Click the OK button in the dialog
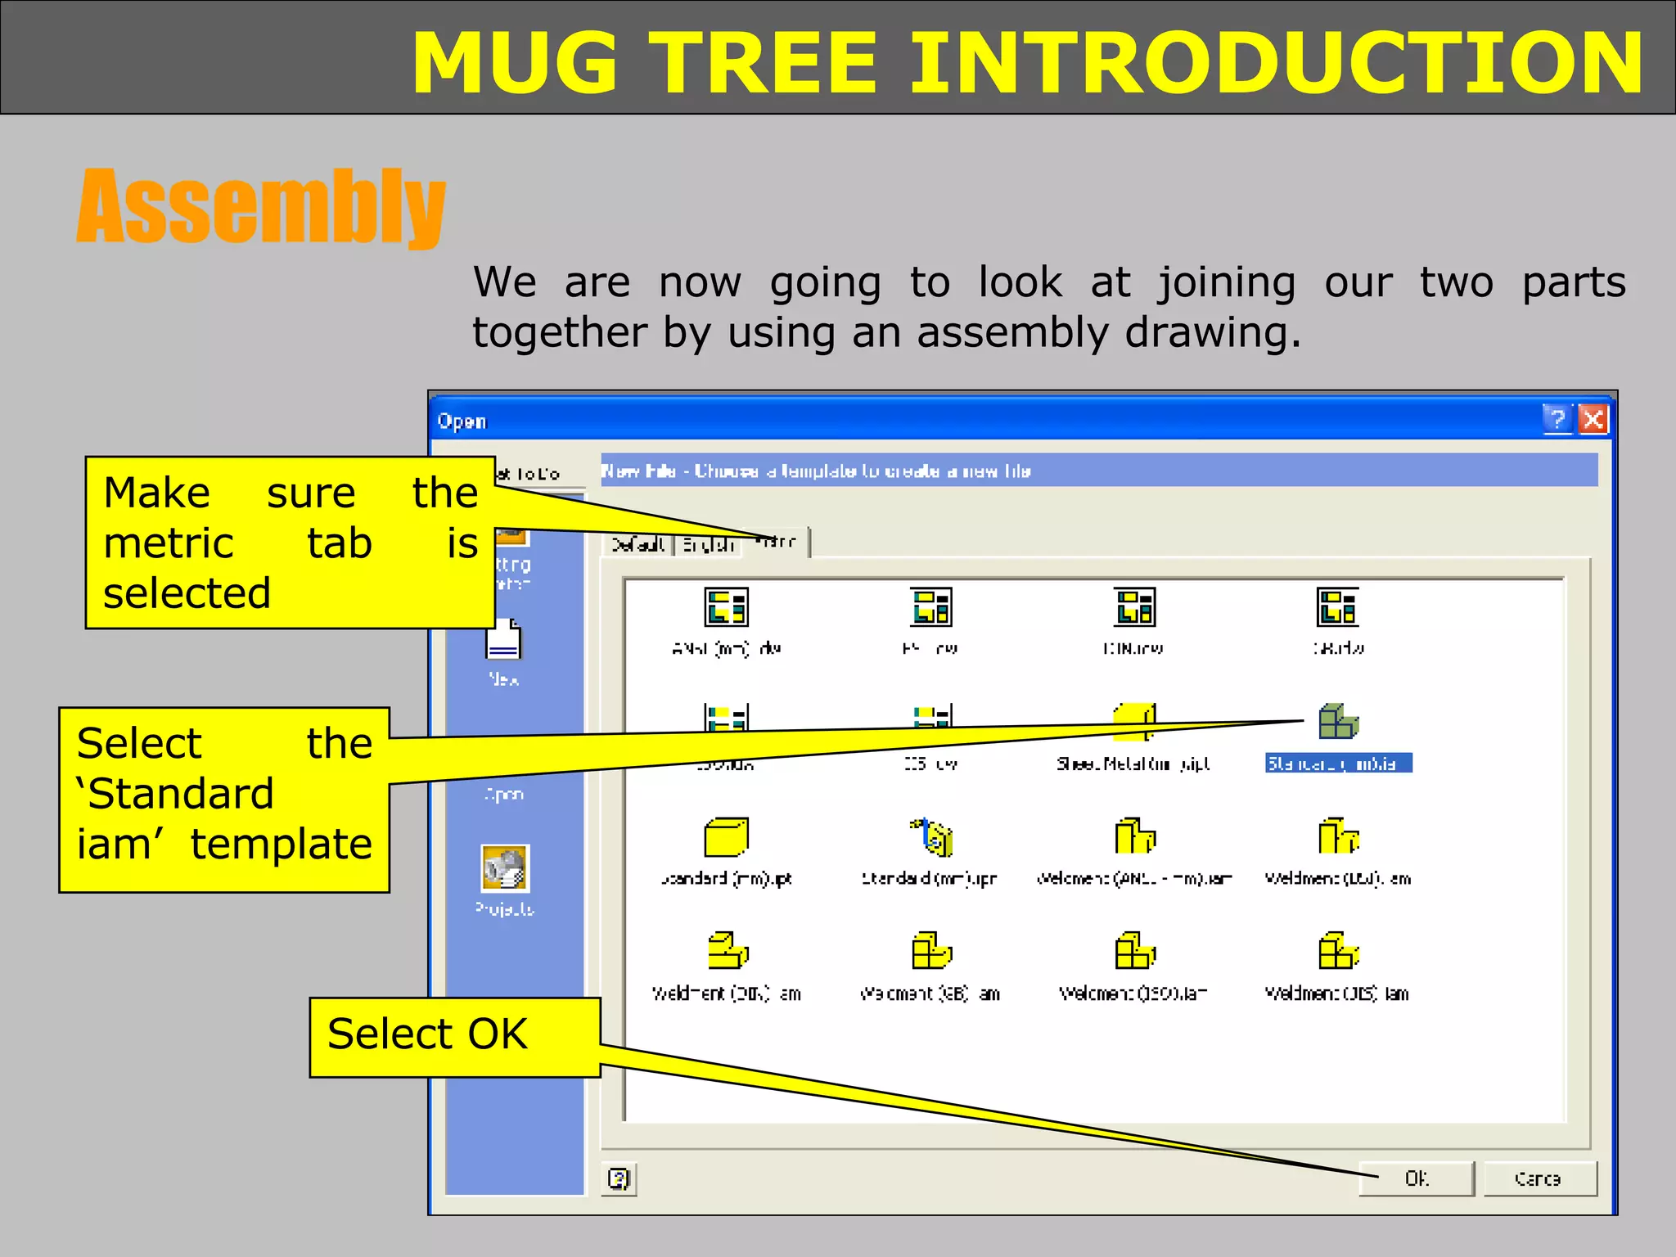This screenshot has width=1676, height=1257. pyautogui.click(x=1416, y=1178)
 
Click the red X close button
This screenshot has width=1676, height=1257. pyautogui.click(x=1593, y=420)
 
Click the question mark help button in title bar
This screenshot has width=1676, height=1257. pyautogui.click(x=1557, y=420)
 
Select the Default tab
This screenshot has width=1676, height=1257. pyautogui.click(x=637, y=544)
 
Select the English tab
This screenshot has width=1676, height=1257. pyautogui.click(x=708, y=544)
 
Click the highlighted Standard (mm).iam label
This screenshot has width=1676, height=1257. pyautogui.click(x=1337, y=764)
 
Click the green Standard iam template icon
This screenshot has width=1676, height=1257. pyautogui.click(x=1337, y=722)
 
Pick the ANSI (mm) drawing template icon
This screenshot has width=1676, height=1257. pyautogui.click(x=726, y=607)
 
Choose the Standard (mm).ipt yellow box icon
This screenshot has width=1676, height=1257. pyautogui.click(x=726, y=837)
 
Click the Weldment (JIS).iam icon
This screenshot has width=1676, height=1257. pyautogui.click(x=1337, y=951)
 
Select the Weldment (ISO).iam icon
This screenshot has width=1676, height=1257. pyautogui.click(x=1134, y=951)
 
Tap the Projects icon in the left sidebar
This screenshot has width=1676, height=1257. pyautogui.click(x=505, y=869)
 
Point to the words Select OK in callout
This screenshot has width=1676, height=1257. pyautogui.click(x=427, y=1034)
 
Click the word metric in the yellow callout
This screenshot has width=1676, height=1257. pyautogui.click(x=169, y=543)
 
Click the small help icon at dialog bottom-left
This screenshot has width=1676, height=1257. pyautogui.click(x=619, y=1178)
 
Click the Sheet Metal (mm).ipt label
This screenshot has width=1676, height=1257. pyautogui.click(x=1133, y=764)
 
